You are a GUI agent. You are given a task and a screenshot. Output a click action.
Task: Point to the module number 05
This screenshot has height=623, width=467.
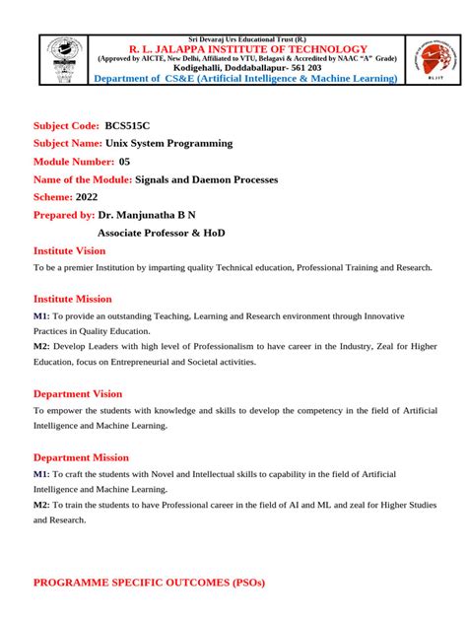click(x=124, y=161)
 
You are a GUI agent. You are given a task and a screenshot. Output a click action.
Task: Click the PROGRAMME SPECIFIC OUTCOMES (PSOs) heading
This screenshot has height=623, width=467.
click(x=149, y=583)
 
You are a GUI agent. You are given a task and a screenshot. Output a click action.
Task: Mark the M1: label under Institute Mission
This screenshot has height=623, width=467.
click(x=41, y=315)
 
